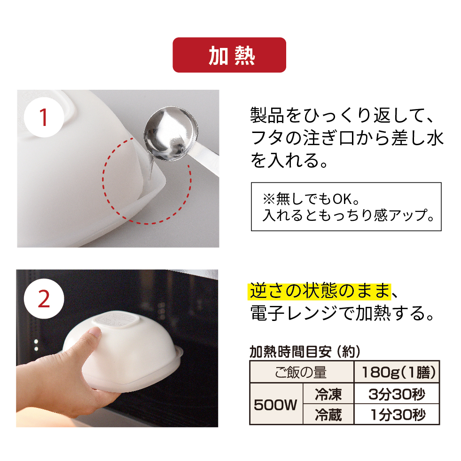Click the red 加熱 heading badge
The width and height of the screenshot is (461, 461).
click(x=229, y=55)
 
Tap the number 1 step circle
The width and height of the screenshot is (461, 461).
click(x=44, y=117)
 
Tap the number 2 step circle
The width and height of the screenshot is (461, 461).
click(x=44, y=299)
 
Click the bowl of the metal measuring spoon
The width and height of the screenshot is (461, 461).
click(x=171, y=133)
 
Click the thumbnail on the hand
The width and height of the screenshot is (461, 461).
click(x=95, y=332)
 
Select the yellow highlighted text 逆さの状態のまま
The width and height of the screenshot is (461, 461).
click(x=320, y=291)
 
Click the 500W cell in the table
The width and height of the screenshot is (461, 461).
click(x=276, y=404)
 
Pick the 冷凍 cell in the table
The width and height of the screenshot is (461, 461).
click(x=328, y=394)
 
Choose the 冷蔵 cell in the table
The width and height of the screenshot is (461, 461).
click(x=328, y=414)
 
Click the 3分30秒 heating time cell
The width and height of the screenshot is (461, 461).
click(x=397, y=394)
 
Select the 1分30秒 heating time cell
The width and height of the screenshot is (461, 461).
click(x=397, y=414)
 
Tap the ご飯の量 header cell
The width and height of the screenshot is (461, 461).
click(x=301, y=372)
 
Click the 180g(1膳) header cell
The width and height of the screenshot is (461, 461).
click(x=397, y=372)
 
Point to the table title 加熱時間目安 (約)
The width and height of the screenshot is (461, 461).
click(x=305, y=351)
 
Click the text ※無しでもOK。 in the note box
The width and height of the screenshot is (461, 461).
click(x=311, y=199)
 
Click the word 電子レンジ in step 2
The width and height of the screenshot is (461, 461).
click(x=296, y=313)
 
